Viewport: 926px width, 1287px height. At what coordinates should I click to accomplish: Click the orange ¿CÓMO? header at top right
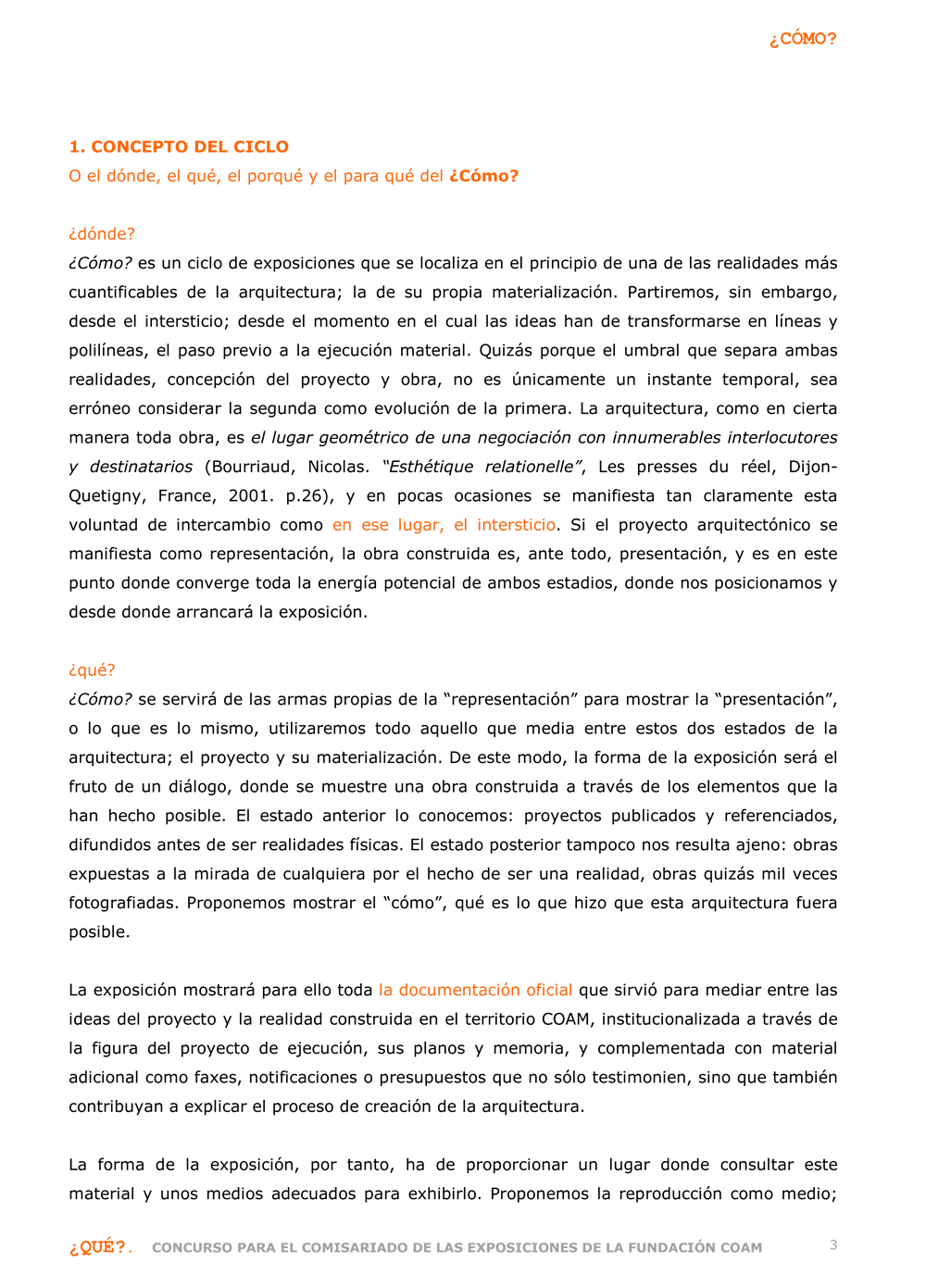pyautogui.click(x=802, y=39)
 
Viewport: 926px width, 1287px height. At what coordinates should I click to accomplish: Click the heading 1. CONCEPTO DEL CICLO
pyautogui.click(x=179, y=146)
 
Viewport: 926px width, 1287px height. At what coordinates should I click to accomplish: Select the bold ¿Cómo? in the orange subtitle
pyautogui.click(x=483, y=176)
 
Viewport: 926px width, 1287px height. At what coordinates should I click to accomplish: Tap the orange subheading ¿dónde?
pyautogui.click(x=102, y=234)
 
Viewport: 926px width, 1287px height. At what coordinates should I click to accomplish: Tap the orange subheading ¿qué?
pyautogui.click(x=92, y=670)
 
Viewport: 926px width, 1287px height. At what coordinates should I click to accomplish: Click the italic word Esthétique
pyautogui.click(x=428, y=467)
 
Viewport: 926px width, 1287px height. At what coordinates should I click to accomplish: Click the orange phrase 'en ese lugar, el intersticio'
pyautogui.click(x=444, y=525)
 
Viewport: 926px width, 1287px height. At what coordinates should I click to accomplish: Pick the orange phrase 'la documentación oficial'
pyautogui.click(x=475, y=990)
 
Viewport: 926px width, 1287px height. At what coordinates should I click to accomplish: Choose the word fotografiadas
pyautogui.click(x=123, y=903)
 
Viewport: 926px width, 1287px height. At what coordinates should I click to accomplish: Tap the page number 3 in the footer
pyautogui.click(x=833, y=1245)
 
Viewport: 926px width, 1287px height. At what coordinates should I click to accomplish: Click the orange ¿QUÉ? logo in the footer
pyautogui.click(x=98, y=1247)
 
